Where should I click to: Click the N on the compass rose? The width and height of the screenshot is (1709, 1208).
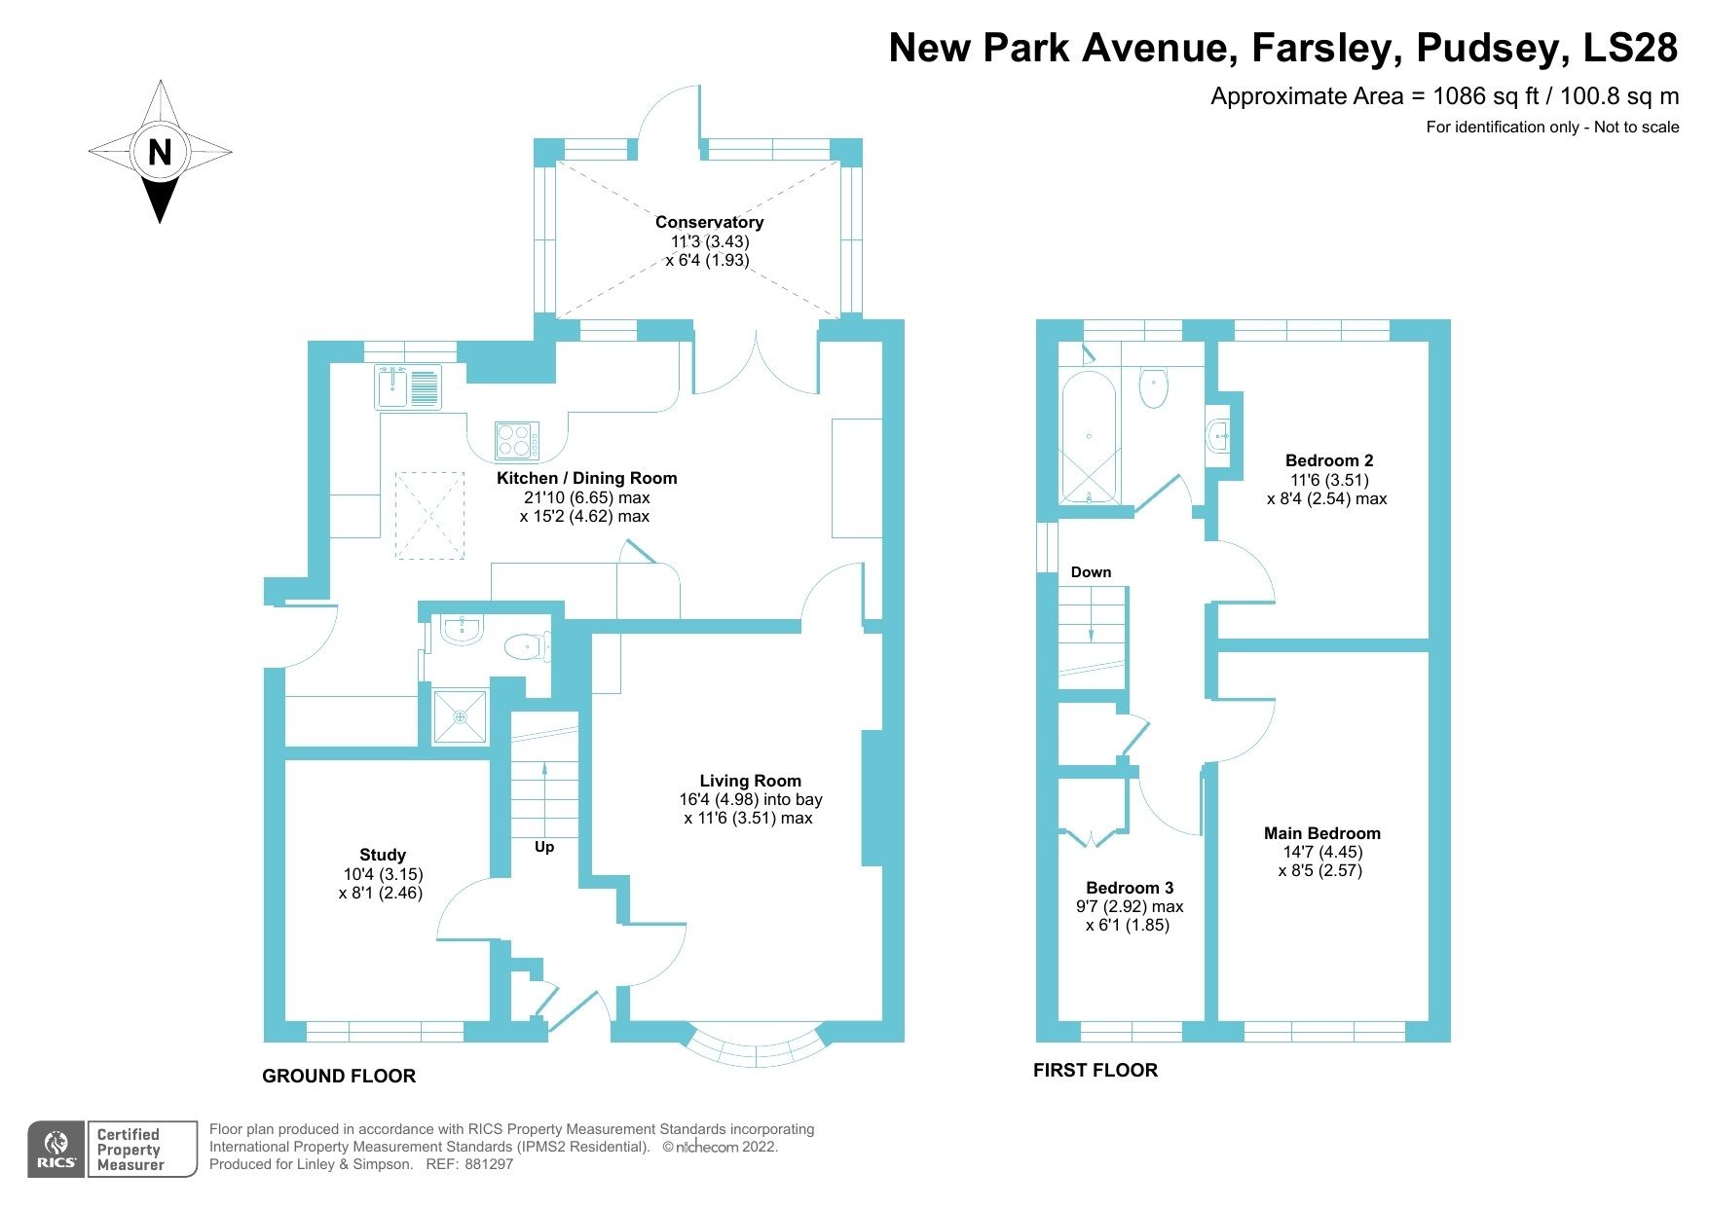[160, 152]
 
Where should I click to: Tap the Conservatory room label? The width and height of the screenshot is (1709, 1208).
[709, 222]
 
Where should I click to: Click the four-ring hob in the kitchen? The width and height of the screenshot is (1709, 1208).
[516, 440]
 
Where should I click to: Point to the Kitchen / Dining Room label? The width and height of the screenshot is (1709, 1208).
[586, 478]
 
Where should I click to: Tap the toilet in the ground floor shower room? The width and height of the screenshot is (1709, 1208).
[526, 645]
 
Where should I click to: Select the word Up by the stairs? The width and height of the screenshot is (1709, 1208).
[544, 847]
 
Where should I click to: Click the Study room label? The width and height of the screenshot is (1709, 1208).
[382, 855]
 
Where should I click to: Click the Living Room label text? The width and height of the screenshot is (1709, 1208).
[750, 781]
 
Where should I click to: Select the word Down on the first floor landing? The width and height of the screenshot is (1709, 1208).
[1091, 572]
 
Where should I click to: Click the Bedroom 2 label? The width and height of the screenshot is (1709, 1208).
[1328, 460]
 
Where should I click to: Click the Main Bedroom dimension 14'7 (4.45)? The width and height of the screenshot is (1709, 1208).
[1321, 852]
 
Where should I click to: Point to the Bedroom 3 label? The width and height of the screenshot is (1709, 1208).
[1130, 888]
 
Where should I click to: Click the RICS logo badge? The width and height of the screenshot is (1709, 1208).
[56, 1149]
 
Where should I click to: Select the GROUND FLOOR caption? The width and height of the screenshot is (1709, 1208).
[339, 1076]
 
